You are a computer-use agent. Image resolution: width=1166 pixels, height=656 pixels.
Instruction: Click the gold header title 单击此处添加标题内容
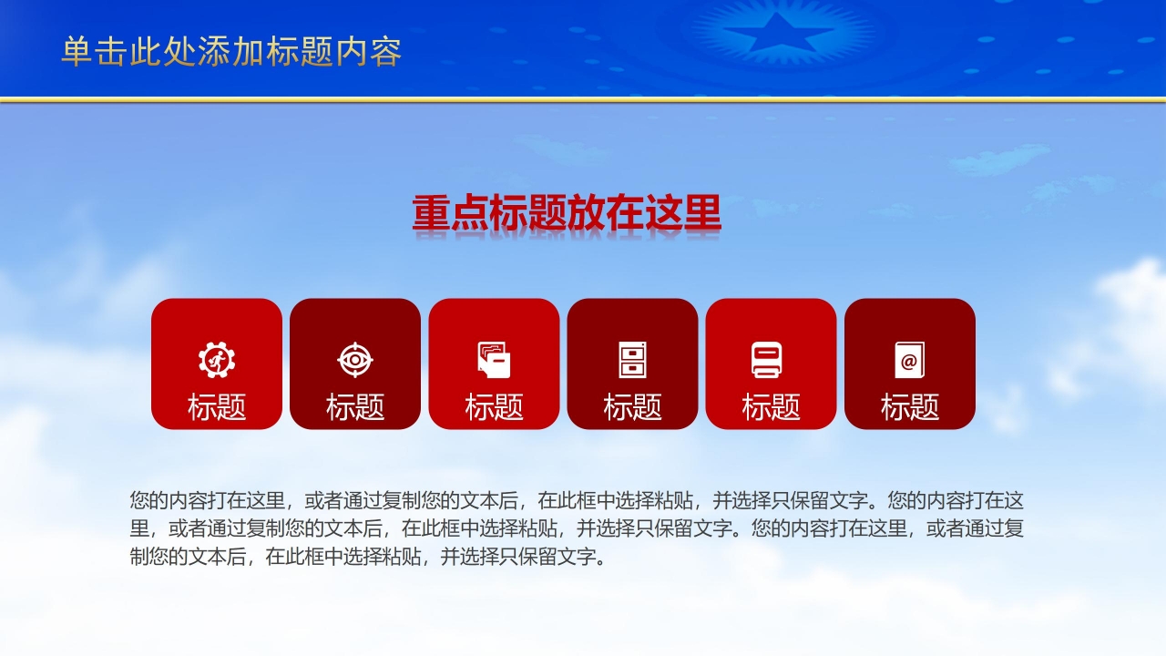[231, 52]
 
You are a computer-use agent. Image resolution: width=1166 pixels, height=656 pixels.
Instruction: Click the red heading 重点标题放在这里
[567, 212]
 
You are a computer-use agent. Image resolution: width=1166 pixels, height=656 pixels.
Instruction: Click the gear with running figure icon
[217, 359]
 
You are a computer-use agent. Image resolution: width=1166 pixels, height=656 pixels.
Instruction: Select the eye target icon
[355, 359]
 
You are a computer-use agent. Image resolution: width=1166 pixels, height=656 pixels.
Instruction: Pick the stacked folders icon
[494, 359]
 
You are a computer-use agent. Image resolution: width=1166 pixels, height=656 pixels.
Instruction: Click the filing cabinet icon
[632, 359]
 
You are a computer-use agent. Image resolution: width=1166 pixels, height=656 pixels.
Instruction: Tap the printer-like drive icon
[767, 359]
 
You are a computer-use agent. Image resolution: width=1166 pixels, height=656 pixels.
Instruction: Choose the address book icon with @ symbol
[910, 359]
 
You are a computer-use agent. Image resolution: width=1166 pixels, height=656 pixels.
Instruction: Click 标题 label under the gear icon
[217, 406]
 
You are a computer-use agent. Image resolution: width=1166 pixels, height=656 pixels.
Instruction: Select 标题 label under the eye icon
[355, 406]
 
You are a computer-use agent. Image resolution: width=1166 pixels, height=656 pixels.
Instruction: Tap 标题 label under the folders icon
[494, 406]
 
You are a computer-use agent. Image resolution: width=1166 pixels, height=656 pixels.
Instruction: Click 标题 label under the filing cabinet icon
[632, 406]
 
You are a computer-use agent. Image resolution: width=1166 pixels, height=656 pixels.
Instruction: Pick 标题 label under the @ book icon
[910, 406]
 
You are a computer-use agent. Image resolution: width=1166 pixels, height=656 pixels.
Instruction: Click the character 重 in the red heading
[431, 212]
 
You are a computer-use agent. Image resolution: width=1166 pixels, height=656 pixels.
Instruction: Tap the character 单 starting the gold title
[77, 52]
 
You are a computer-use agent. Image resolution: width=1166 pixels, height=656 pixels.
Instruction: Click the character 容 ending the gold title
[385, 52]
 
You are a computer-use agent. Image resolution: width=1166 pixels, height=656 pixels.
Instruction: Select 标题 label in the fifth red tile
[771, 406]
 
